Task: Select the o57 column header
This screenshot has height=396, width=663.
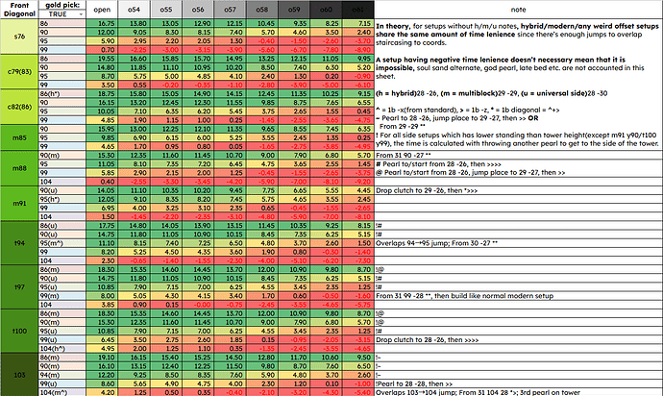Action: coord(230,9)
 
